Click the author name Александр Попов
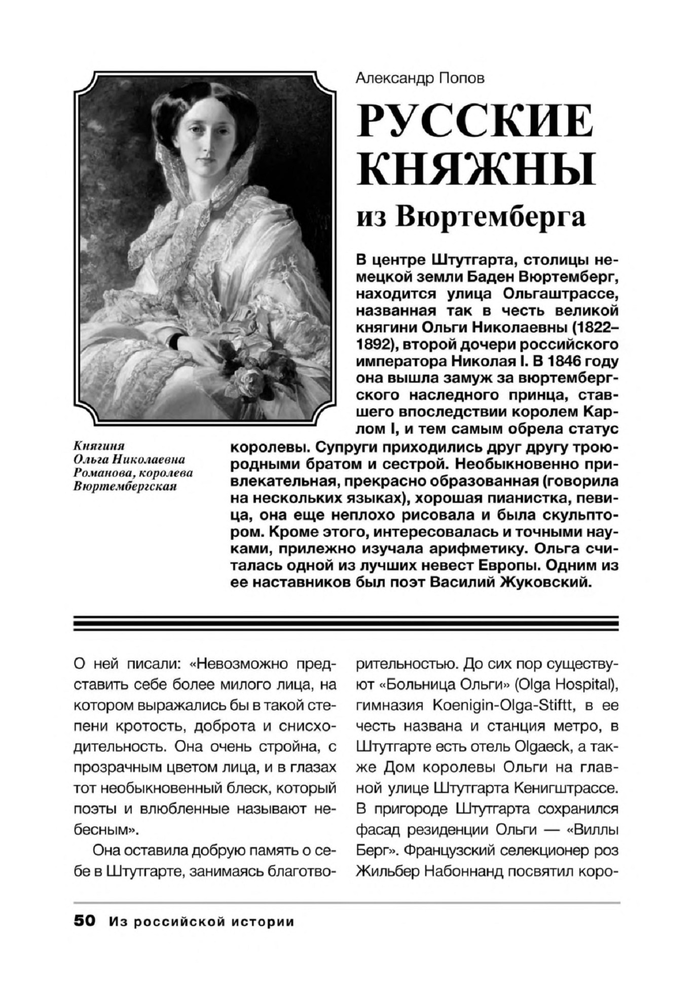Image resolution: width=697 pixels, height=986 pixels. point(420,78)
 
